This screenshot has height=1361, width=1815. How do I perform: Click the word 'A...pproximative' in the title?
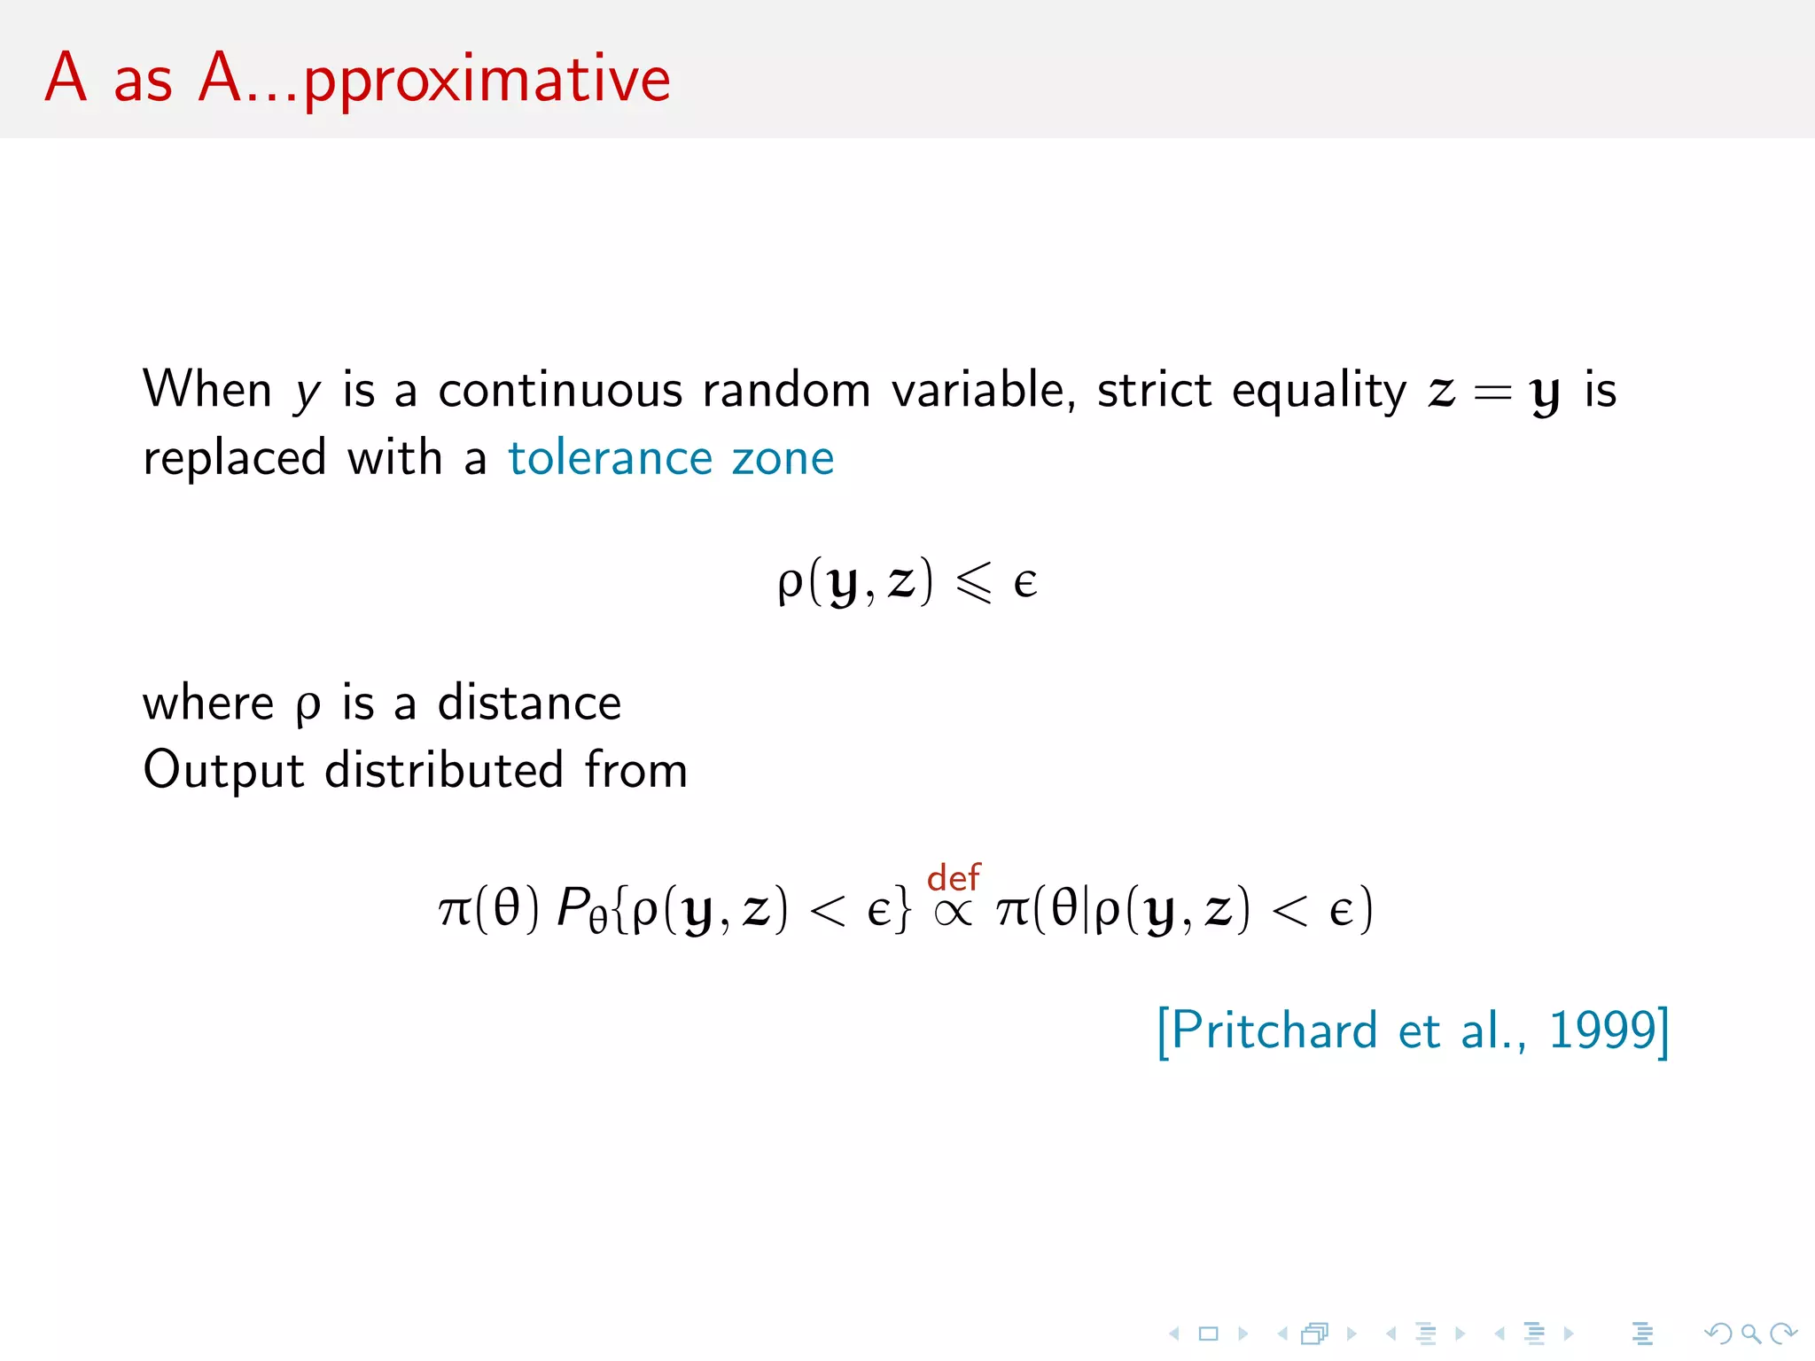tap(434, 81)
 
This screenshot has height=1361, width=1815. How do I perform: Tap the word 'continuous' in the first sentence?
tap(560, 391)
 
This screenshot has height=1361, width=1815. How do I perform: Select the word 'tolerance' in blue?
tap(610, 458)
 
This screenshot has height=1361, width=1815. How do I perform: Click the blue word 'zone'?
tap(783, 458)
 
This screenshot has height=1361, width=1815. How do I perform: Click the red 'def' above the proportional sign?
tap(954, 877)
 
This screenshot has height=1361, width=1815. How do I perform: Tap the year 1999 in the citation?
tap(1602, 1030)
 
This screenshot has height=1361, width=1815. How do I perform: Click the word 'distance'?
tap(529, 703)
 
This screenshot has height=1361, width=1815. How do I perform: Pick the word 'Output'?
tap(223, 770)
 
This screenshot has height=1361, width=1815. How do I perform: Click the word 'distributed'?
tap(444, 770)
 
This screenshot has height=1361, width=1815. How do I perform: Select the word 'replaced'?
tap(235, 458)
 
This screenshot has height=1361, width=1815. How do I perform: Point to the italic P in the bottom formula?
tap(572, 908)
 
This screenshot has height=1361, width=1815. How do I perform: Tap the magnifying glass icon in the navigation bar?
tap(1750, 1334)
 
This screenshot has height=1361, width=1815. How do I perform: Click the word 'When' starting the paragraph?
tap(207, 391)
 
